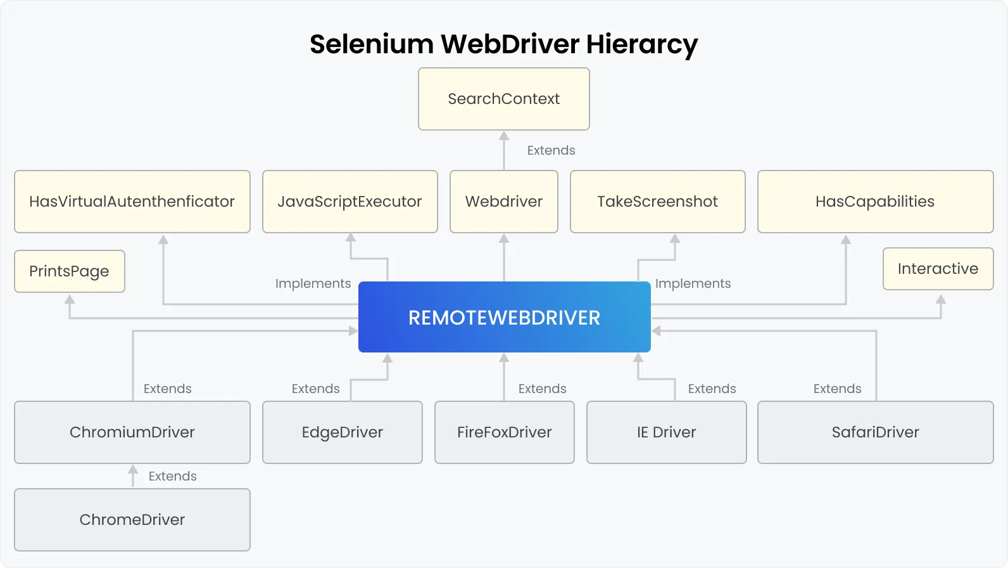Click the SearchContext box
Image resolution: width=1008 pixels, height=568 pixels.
504,99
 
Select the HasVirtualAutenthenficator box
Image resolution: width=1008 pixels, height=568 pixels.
132,202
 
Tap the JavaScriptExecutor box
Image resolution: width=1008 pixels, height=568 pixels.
350,202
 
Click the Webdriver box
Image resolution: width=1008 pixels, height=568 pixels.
504,202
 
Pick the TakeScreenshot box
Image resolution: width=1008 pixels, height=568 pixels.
657,202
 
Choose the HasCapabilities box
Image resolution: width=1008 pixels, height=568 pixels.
875,202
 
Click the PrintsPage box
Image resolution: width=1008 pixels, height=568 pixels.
69,271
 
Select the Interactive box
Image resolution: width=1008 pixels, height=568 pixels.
938,269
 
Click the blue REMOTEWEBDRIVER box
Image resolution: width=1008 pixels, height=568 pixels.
504,318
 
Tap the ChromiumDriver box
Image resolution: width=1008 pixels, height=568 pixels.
132,432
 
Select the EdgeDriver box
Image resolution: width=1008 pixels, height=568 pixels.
342,432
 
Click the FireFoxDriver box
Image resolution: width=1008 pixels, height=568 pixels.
504,432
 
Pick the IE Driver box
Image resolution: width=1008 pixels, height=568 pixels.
666,432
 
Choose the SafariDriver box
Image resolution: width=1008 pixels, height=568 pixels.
875,432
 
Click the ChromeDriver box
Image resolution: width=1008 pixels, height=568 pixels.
132,520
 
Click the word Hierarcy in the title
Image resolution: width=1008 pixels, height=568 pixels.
641,44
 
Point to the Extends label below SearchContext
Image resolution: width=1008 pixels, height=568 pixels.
551,151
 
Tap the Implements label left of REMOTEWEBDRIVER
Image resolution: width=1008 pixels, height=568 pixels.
313,283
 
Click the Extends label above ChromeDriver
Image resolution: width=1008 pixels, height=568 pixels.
172,476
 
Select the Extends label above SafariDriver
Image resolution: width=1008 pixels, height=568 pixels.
837,389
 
